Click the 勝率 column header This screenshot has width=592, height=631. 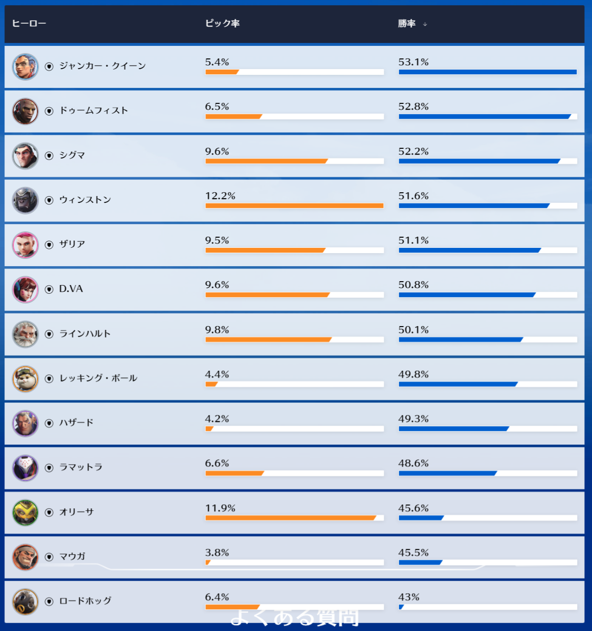coord(406,24)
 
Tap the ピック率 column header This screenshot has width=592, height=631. coord(222,24)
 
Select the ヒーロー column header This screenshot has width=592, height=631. coord(29,24)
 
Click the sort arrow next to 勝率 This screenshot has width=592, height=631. coord(425,24)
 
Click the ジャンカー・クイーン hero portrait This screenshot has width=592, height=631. coord(25,67)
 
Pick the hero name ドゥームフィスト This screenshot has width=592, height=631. coord(94,111)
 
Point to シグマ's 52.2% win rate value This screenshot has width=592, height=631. coord(413,151)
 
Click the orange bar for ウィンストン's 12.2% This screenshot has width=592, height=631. coord(294,206)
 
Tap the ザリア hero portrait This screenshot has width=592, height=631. coord(25,245)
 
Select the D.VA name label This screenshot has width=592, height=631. coord(71,289)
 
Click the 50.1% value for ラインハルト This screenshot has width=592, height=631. coord(413,330)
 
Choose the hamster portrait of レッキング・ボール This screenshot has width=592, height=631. coord(25,379)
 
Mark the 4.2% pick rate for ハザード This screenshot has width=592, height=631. coord(217,419)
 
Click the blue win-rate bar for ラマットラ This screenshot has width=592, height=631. coord(448,473)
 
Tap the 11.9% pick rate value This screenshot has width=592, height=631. coord(220,508)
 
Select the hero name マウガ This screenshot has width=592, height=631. coord(72,557)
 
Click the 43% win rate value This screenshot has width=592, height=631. coord(409,597)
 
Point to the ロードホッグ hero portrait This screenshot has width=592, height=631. coord(25,602)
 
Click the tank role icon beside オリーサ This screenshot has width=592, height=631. coord(49,513)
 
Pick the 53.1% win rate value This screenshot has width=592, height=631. coord(413,62)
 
